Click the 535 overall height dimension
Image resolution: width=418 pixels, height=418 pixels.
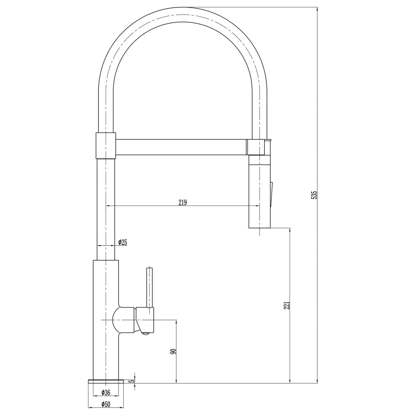[x=314, y=195]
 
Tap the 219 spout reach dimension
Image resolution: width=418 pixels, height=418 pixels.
[x=182, y=202]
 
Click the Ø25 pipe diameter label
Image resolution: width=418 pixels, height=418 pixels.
[x=122, y=242]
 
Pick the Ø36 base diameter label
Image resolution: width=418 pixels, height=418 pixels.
[x=106, y=393]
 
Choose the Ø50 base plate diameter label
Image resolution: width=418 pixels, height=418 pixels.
[x=106, y=405]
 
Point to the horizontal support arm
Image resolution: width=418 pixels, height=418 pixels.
[x=180, y=147]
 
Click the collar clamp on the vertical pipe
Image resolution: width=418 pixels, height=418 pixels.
[x=106, y=145]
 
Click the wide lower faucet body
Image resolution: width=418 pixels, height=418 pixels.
[x=106, y=319]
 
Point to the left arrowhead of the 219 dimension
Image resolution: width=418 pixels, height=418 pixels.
[x=107, y=206]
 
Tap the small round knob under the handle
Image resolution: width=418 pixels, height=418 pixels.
[x=145, y=333]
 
